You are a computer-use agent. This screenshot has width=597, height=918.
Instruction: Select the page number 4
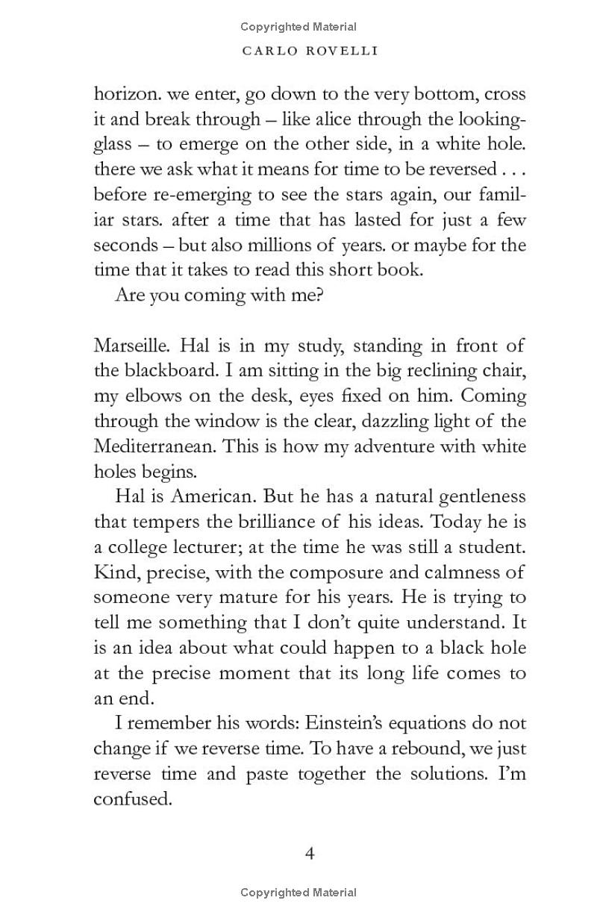click(x=310, y=853)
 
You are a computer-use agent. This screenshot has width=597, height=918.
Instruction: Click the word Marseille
click(x=129, y=346)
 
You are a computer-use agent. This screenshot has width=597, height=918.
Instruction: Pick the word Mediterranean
click(x=155, y=446)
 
